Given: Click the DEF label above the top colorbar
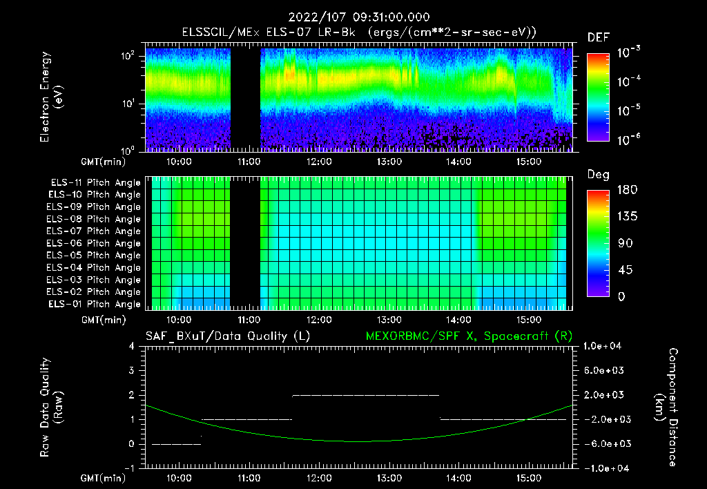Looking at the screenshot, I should pos(598,37).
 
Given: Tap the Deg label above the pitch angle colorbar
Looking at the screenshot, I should pos(598,175).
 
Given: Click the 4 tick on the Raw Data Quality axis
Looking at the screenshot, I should pos(132,346).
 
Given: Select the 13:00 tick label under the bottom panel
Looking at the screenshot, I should pos(389,477).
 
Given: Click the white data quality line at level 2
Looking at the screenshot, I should pos(366,395).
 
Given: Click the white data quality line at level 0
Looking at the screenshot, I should pos(176,444).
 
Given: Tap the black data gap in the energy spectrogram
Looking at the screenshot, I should pos(244,100).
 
